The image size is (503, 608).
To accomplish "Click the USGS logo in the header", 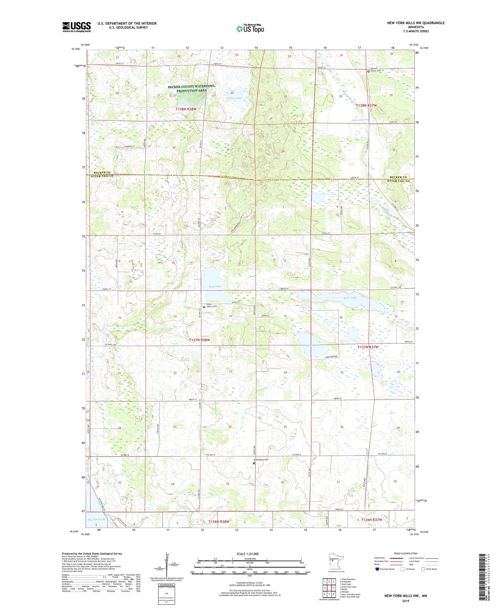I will point(77,27).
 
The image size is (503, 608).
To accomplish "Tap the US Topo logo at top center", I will point(250,29).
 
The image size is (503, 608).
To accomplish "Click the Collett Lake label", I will point(234,98).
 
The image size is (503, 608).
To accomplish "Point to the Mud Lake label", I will point(215,286).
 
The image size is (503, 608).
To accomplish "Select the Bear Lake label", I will point(350,298).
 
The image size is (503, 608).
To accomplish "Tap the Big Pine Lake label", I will point(96,519).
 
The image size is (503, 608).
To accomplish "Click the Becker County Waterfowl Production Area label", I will point(191,88).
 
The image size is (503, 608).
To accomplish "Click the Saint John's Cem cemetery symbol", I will point(204,307).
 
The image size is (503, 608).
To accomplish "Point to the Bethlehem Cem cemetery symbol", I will point(254,463).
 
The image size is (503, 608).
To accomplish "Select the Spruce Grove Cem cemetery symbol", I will point(369,71).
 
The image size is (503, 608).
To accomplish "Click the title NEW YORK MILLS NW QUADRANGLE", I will point(416,23).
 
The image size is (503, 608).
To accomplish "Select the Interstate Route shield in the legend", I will point(378,569).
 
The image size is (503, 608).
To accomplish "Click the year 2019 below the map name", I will point(406,601).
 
